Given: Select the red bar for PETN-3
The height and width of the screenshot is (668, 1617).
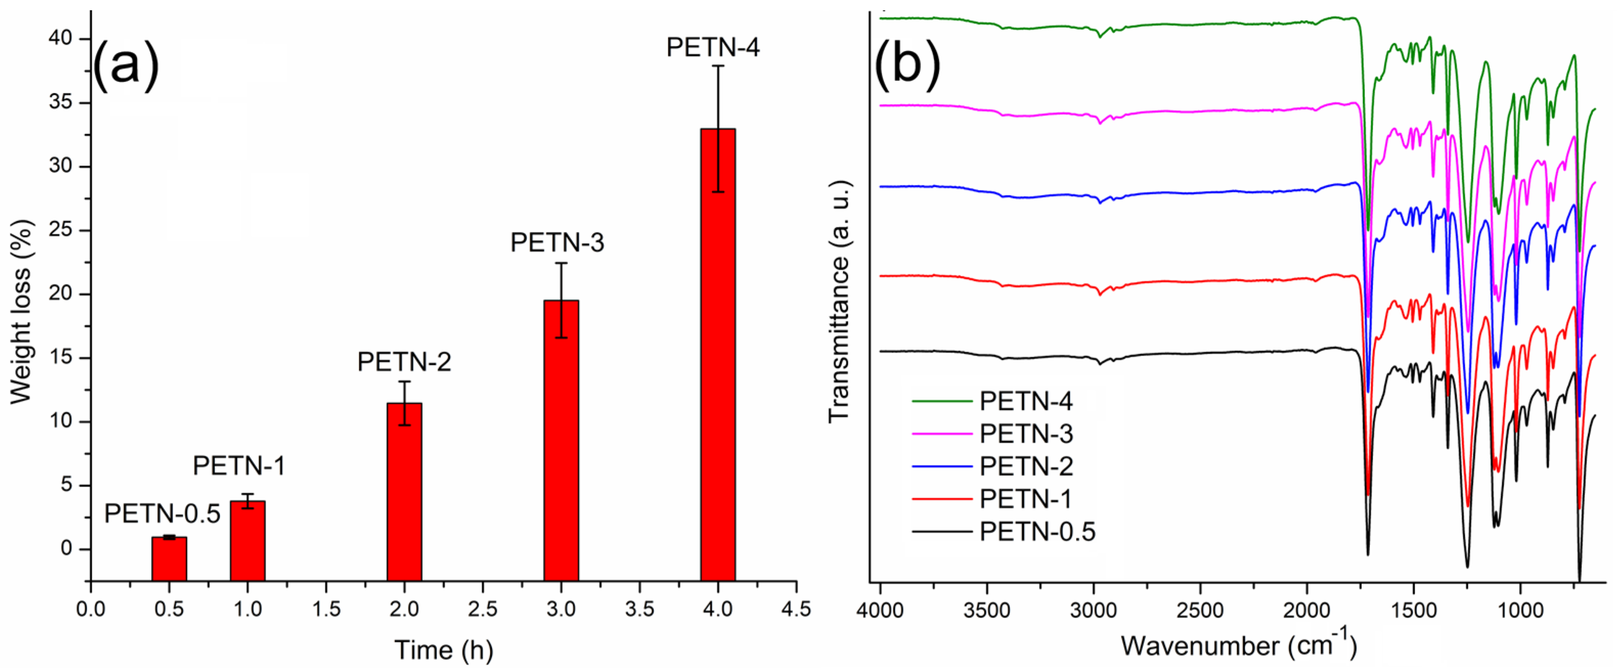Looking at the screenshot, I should pyautogui.click(x=561, y=439).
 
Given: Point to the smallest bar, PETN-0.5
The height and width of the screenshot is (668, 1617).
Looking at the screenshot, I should pyautogui.click(x=169, y=558).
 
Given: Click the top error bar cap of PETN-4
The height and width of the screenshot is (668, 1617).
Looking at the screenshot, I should pyautogui.click(x=718, y=66).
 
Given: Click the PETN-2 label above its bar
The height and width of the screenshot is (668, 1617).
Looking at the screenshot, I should pyautogui.click(x=404, y=362).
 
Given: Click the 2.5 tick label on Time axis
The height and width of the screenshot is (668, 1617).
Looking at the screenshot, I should pyautogui.click(x=482, y=608).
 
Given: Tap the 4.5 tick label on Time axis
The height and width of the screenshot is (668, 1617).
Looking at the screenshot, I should pyautogui.click(x=795, y=608).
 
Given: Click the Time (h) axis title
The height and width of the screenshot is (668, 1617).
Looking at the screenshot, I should pyautogui.click(x=443, y=650).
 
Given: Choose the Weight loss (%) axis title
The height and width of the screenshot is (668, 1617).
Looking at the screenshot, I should pyautogui.click(x=20, y=311).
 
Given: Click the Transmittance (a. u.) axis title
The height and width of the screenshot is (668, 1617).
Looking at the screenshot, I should pyautogui.click(x=838, y=301).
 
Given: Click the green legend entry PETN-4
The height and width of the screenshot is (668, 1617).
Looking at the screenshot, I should pyautogui.click(x=1026, y=401).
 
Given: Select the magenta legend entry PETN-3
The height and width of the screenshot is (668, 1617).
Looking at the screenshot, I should pyautogui.click(x=1026, y=433).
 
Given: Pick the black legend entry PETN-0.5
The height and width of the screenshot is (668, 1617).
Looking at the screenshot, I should pyautogui.click(x=1037, y=531).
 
